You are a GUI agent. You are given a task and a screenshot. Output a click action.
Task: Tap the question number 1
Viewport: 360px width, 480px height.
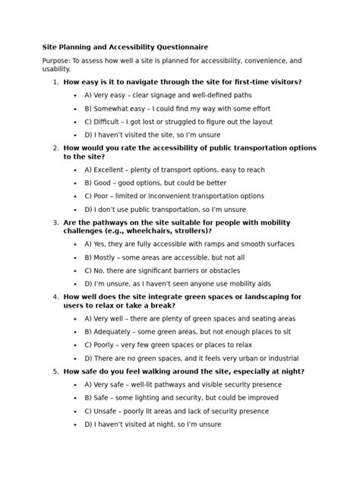55,81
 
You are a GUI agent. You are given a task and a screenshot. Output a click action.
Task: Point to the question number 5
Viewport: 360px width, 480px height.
55,371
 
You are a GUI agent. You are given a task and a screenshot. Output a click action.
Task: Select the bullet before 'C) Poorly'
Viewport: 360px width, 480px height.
75,344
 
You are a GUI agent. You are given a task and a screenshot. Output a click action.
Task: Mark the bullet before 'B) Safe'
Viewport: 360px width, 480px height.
75,398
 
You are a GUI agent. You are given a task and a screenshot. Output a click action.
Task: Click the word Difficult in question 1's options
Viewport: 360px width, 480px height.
109,122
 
